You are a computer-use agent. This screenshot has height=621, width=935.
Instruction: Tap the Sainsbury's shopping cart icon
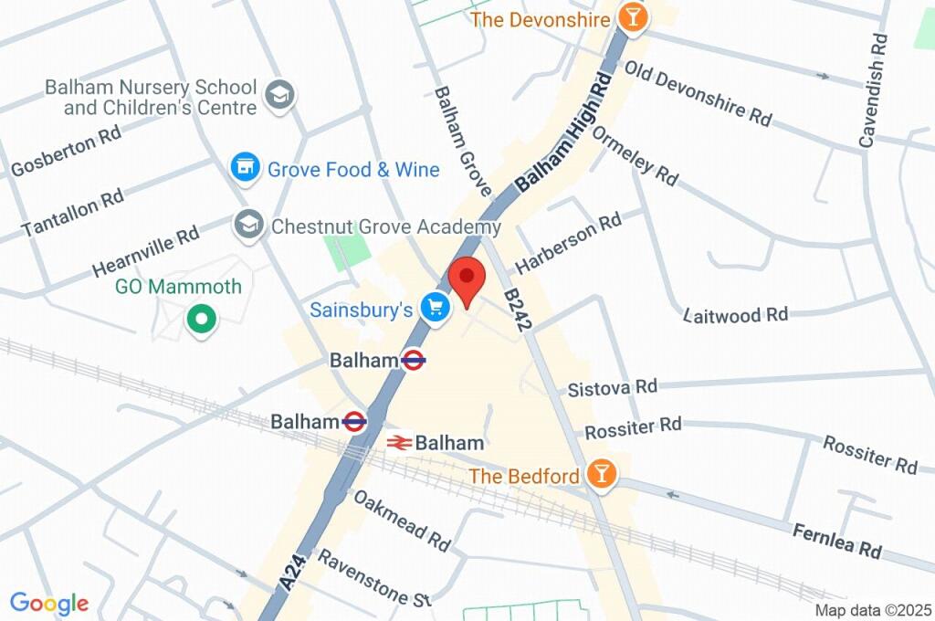(436, 309)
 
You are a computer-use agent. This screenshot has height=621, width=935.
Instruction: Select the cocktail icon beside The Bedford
(601, 474)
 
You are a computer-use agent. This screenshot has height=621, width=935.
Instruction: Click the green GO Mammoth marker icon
(200, 320)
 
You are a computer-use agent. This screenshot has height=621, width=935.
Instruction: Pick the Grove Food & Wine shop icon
(243, 167)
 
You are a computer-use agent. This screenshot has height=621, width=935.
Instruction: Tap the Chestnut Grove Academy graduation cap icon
(246, 223)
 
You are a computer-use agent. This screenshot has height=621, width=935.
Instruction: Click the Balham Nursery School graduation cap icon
(278, 93)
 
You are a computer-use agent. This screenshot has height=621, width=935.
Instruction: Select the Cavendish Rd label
(874, 90)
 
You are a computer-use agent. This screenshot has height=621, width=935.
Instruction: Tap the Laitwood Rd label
(735, 315)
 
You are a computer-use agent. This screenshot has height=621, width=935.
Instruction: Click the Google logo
(49, 603)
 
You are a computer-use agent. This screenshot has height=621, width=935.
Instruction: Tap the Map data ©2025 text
(872, 610)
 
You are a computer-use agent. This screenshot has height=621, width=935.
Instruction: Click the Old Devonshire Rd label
(698, 93)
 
